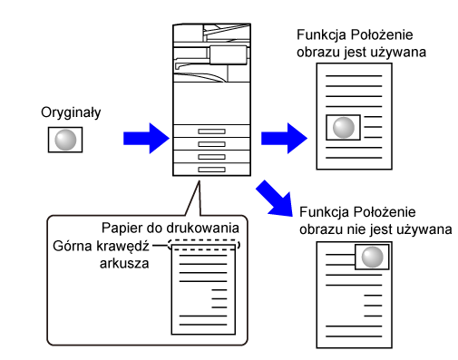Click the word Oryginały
71,112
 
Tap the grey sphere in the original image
65,140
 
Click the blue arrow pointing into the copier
146,138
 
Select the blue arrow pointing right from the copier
284,138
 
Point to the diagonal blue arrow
275,199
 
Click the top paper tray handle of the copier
211,131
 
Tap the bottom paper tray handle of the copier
211,170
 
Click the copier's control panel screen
229,55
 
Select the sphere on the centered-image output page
344,128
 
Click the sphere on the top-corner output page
373,257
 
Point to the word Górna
73,246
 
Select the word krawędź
122,247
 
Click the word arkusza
124,264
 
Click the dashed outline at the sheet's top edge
204,240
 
